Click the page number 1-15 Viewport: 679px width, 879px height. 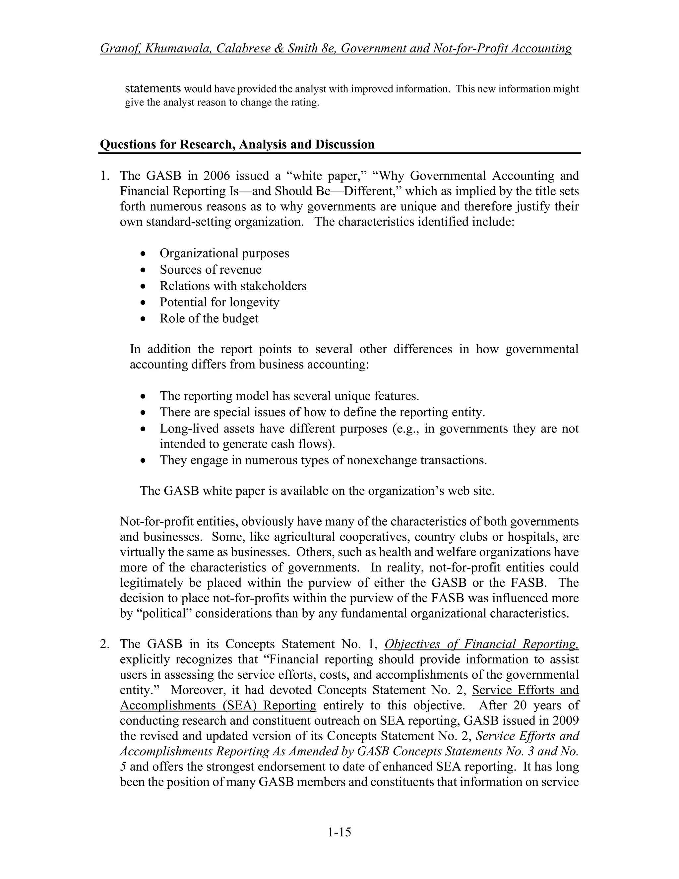(339, 832)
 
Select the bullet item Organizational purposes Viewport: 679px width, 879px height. (224, 253)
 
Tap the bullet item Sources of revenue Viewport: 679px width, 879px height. (211, 269)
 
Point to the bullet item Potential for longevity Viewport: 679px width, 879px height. (219, 302)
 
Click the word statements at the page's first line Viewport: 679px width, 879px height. (153, 88)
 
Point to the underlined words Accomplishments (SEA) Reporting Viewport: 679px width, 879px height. (218, 705)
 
